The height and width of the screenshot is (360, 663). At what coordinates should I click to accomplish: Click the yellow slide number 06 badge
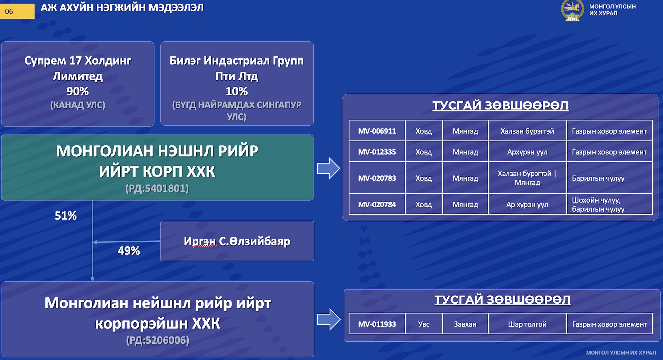point(17,11)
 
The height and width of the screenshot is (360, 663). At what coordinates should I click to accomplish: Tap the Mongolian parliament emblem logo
point(572,10)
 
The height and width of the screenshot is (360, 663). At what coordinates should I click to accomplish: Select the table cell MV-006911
point(377,131)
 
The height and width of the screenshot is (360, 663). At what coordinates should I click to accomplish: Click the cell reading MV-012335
point(377,152)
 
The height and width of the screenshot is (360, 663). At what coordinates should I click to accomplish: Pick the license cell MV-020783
point(377,178)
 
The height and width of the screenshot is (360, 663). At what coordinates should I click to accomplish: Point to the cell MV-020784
point(377,204)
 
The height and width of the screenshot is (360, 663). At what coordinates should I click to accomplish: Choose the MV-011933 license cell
point(377,324)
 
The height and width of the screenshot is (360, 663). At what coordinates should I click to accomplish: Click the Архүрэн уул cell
point(527,152)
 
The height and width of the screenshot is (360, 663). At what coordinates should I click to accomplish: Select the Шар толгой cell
point(527,324)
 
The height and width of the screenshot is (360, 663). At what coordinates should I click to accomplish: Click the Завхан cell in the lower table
point(465,324)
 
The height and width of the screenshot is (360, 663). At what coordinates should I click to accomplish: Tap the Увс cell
point(424,324)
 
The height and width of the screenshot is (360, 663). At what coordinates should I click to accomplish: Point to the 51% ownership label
point(66,216)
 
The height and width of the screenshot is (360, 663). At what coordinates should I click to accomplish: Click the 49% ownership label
point(129,250)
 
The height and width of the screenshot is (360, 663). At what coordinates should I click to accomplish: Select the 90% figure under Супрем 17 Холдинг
point(77,91)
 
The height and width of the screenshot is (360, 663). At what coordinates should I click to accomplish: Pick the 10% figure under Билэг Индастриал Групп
point(237,91)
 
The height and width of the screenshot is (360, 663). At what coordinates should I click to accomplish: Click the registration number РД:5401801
point(157,188)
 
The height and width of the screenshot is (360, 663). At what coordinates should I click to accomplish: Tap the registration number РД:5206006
point(158,340)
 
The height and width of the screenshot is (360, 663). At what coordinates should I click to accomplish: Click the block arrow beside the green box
point(328,168)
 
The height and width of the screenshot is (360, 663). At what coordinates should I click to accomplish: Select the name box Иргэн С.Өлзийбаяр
point(237,241)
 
